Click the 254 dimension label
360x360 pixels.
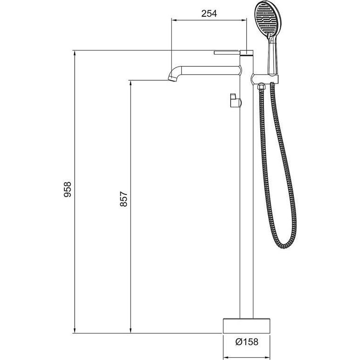point(209,14)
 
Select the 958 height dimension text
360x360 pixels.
point(68,189)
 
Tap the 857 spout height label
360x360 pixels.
point(124,199)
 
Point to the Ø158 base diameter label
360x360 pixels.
point(247,342)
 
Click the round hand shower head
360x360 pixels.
point(268,17)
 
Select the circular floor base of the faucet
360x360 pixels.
point(247,325)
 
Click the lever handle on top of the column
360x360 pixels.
point(233,53)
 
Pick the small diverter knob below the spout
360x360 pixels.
point(235,100)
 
